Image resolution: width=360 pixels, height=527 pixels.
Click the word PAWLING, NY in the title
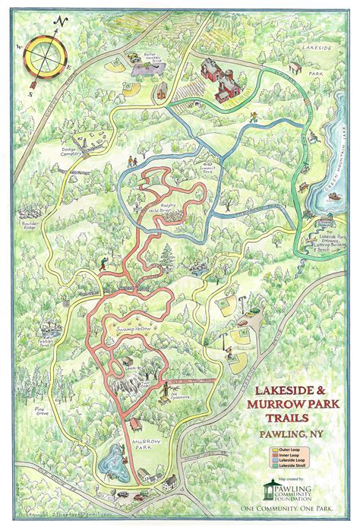click(292, 434)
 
